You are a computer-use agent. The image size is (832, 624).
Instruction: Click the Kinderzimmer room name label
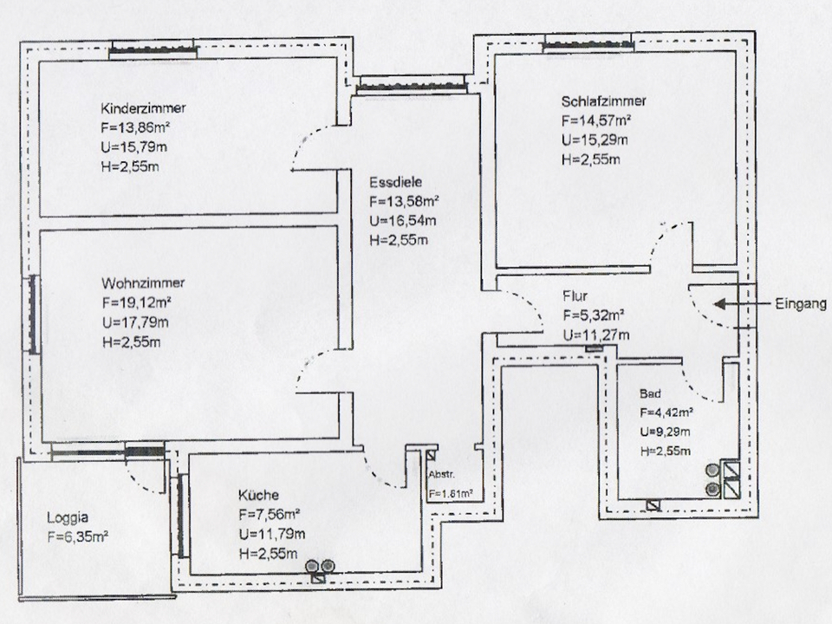[144, 109]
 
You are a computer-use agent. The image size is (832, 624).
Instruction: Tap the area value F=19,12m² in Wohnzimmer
[136, 303]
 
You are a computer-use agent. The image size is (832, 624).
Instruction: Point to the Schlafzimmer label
[603, 101]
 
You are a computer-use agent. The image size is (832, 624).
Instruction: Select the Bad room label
[650, 393]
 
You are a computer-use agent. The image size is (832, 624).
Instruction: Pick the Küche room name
[258, 496]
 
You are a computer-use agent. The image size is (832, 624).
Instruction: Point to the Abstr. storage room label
[442, 476]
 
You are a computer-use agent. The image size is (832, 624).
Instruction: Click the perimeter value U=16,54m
[402, 220]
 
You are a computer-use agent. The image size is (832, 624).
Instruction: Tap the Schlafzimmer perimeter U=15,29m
[596, 140]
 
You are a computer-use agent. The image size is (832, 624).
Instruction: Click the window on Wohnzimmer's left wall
[34, 315]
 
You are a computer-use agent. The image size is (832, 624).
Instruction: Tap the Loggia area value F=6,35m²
[77, 536]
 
